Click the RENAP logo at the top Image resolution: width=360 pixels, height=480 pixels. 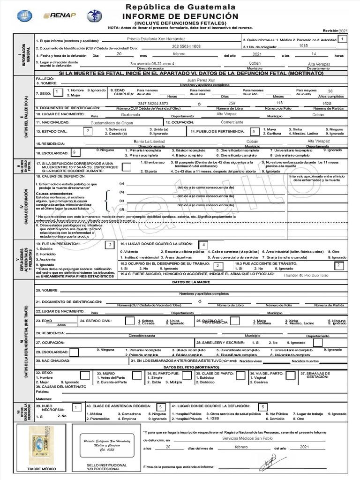(x=60, y=16)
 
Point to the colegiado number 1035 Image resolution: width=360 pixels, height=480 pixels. (x=303, y=46)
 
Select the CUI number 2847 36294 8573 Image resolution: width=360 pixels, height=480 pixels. (x=153, y=103)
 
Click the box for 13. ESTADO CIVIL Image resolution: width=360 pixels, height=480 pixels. (x=88, y=131)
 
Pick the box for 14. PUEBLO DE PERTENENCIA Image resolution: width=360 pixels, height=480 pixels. (x=254, y=131)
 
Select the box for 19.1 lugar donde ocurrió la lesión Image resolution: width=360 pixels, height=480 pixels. (x=203, y=245)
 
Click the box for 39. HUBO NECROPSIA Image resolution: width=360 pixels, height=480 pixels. (x=75, y=408)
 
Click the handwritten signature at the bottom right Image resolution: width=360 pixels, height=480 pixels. (x=269, y=463)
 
